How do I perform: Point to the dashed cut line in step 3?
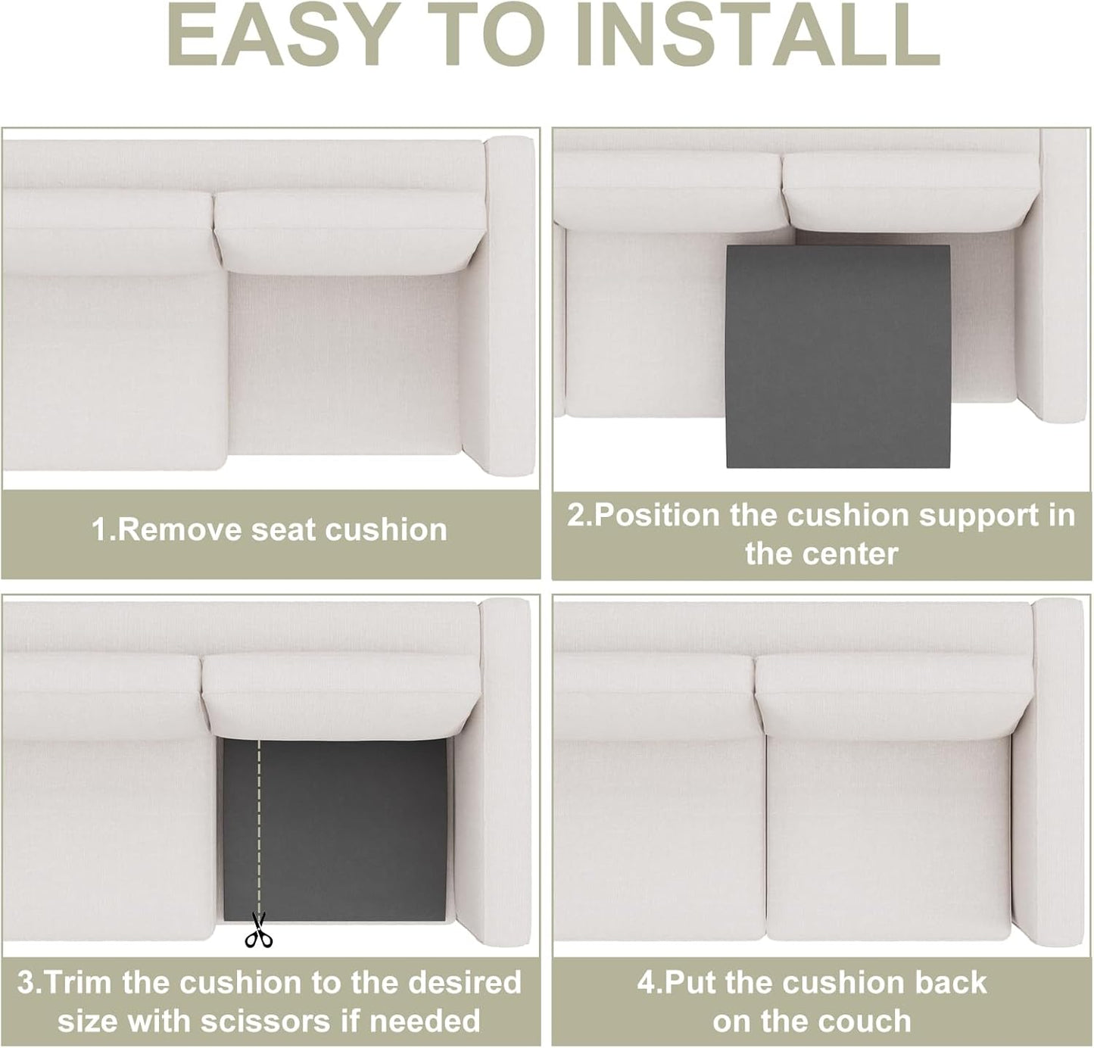tap(259, 825)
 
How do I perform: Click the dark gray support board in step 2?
tap(837, 356)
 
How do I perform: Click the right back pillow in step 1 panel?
tap(348, 231)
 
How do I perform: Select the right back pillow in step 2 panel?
tap(909, 193)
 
